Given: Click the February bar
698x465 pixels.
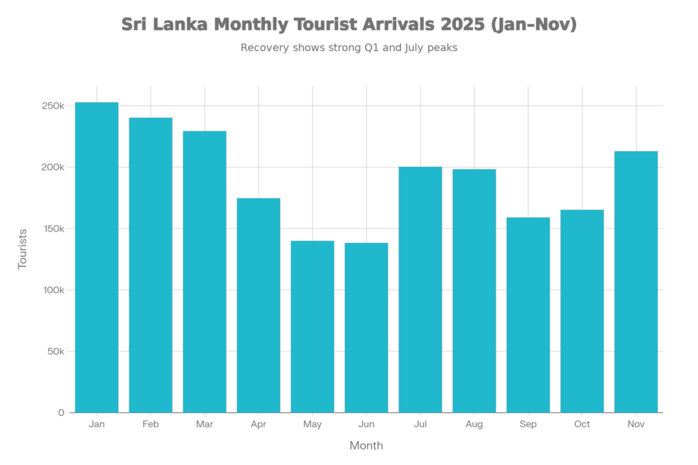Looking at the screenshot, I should [x=151, y=265].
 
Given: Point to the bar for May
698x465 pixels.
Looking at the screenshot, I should [x=312, y=326].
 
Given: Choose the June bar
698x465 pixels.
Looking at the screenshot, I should [x=366, y=327].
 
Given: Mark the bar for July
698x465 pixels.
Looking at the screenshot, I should [x=420, y=289].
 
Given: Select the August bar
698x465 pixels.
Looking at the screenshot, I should [x=474, y=290].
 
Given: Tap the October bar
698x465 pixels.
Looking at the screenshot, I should [x=582, y=310].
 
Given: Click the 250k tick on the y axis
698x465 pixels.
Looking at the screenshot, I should [x=52, y=106].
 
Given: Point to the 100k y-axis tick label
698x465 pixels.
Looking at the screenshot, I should [x=52, y=290].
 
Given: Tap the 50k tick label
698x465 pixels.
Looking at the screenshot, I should [x=55, y=351].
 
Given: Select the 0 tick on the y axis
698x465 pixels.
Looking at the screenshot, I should [x=61, y=413].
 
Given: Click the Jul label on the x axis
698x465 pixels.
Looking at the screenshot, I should [x=420, y=424].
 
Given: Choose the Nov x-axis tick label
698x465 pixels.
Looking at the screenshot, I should [x=636, y=424].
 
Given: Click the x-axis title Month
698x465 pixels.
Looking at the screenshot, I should [x=366, y=446].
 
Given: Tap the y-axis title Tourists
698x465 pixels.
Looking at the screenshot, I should [x=22, y=249].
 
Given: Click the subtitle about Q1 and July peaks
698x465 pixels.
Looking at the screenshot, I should [x=348, y=48].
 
